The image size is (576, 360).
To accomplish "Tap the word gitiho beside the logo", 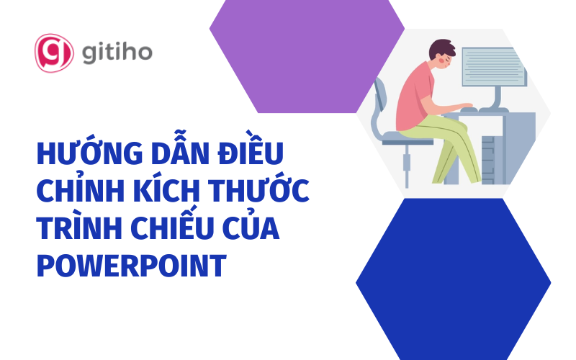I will tap(116, 53).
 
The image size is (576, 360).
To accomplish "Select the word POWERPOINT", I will tap(130, 266).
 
